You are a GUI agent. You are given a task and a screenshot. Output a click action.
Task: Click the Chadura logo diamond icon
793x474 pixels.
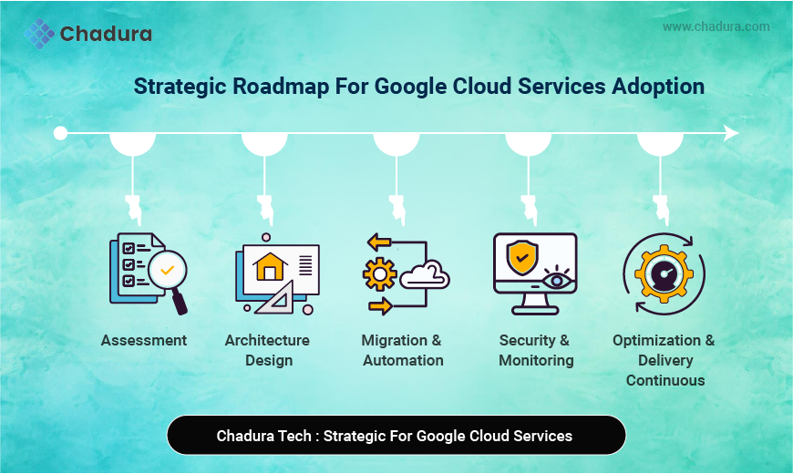point(39,34)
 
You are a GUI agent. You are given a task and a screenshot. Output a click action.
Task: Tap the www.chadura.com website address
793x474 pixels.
point(716,26)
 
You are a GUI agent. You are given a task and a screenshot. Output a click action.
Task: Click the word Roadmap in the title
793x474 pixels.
point(283,87)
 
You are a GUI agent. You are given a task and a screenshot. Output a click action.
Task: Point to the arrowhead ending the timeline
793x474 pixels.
point(731,133)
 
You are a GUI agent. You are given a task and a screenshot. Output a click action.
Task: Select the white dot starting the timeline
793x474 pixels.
point(60,133)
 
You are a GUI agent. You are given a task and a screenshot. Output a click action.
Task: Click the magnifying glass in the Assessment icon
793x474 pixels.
point(168,272)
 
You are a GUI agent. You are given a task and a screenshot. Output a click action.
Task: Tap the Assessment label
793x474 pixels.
point(144,340)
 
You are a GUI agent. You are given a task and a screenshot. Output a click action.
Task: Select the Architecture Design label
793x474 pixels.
point(268,350)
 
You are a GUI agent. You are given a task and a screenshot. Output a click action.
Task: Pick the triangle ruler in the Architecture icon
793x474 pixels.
point(277,297)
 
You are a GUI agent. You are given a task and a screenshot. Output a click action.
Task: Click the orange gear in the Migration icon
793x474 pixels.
point(378,274)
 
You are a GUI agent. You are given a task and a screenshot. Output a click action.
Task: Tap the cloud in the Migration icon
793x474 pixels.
point(425,274)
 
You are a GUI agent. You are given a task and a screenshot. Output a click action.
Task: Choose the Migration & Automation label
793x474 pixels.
point(401,350)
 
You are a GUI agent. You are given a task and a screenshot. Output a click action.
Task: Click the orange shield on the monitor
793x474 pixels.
point(521,257)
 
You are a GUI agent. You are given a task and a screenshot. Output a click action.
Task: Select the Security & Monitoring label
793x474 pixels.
point(535,350)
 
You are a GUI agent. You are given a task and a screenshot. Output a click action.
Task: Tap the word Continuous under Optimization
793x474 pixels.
point(664,380)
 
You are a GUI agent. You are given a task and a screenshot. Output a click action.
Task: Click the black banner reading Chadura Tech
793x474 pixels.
point(396,435)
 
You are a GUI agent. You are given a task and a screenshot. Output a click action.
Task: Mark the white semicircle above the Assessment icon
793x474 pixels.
point(132,144)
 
